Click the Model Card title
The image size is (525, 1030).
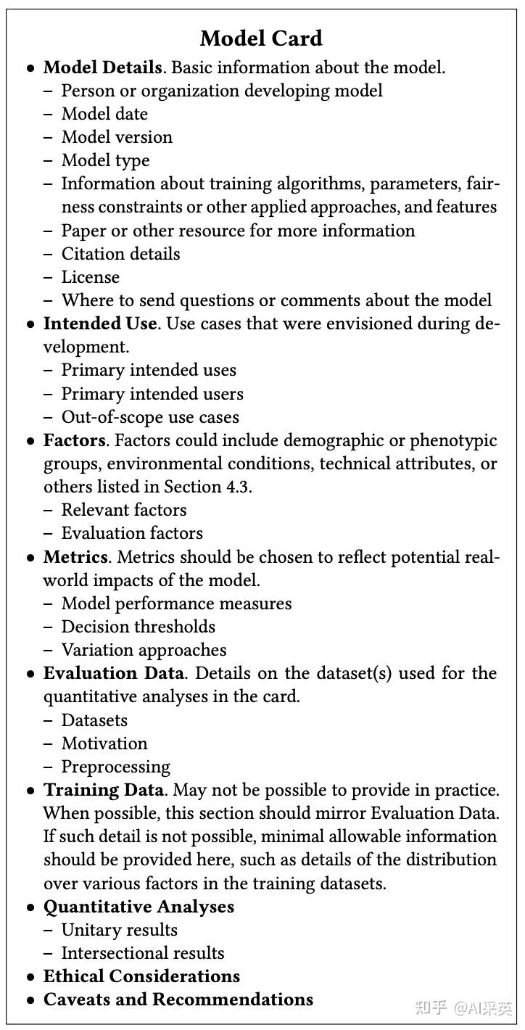point(261,38)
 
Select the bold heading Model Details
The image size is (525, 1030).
point(102,68)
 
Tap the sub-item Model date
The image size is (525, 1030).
point(104,115)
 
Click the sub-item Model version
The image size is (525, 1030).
point(117,138)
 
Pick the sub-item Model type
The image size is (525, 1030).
point(105,161)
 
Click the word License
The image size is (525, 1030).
point(90,277)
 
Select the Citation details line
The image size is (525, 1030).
point(120,254)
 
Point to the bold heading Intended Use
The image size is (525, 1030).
point(100,324)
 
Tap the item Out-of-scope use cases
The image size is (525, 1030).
point(150,417)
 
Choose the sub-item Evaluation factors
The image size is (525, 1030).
point(132,533)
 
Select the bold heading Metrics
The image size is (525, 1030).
point(76,557)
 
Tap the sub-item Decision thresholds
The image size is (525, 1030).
point(138,627)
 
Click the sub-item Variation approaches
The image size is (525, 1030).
point(144,650)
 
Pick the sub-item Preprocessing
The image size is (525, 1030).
point(115,767)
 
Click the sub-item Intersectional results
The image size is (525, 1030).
point(143,953)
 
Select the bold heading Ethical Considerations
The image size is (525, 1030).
point(141,976)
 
